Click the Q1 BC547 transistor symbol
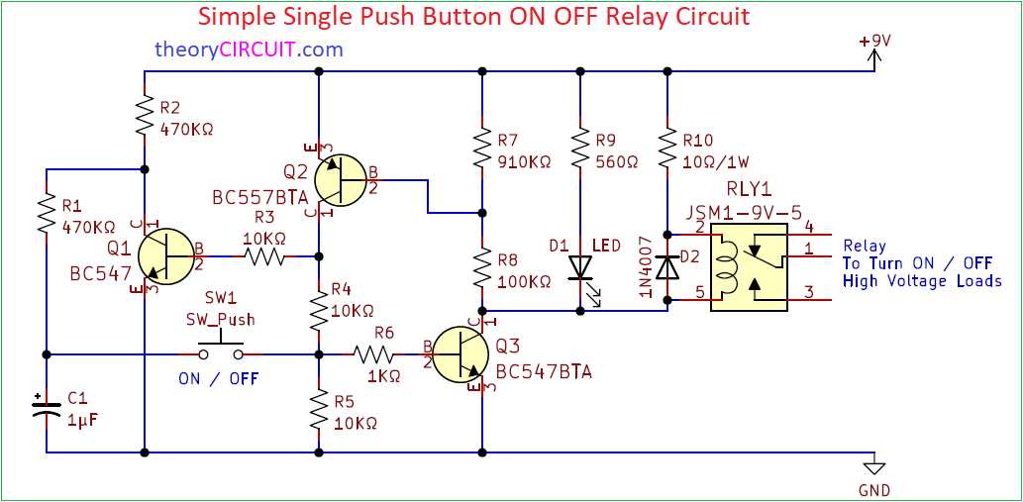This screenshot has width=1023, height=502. pos(164,255)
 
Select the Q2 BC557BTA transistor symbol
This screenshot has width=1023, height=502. pos(340,179)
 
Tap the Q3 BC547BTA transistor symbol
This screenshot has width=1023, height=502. pos(462,354)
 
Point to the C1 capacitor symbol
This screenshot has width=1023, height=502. pos(46,407)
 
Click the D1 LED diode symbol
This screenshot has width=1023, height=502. pos(580,267)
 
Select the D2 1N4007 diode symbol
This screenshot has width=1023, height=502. pos(667,266)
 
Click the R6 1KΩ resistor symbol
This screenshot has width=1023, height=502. pos(373,354)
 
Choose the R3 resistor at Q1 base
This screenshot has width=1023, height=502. pos(263,256)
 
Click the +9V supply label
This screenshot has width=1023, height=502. pos(875,42)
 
